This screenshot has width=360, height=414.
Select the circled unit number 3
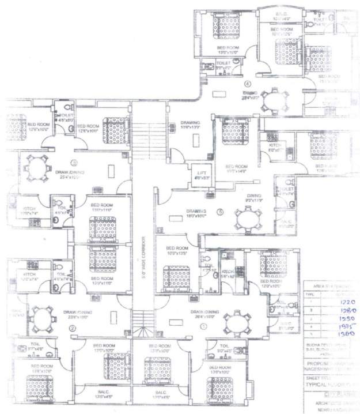point(74,163)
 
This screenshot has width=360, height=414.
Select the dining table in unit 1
point(236,320)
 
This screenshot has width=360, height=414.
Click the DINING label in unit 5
point(254,197)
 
